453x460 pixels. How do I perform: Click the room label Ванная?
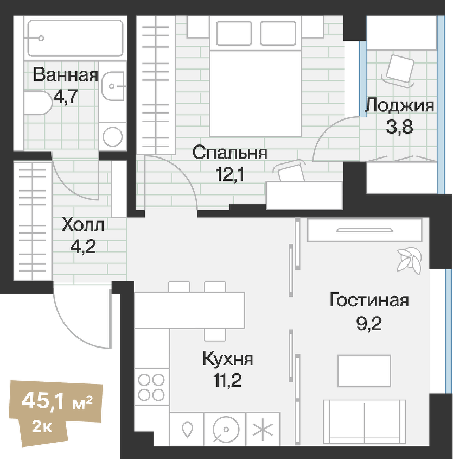tap(66, 75)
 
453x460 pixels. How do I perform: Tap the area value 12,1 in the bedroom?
tap(230, 175)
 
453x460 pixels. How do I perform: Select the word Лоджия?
tap(399, 105)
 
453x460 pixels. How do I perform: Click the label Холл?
tap(83, 224)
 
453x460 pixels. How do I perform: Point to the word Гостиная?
tap(369, 300)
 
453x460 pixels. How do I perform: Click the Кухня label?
tap(227, 359)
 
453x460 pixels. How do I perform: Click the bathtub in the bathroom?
tap(75, 38)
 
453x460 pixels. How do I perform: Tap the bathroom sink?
tap(114, 85)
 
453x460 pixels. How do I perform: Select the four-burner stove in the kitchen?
tap(151, 387)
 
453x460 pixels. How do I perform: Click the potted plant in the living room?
tap(409, 260)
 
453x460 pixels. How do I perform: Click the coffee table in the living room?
tap(364, 371)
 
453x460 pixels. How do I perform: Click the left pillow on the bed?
tap(233, 34)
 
